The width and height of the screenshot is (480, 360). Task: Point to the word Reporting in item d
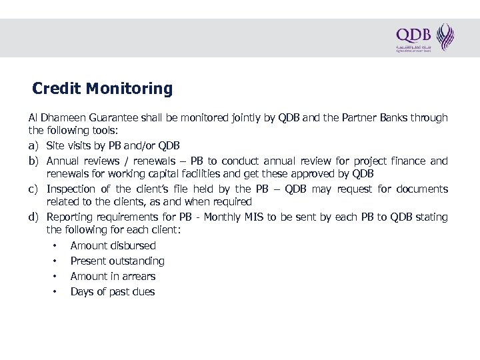(x=70, y=217)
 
